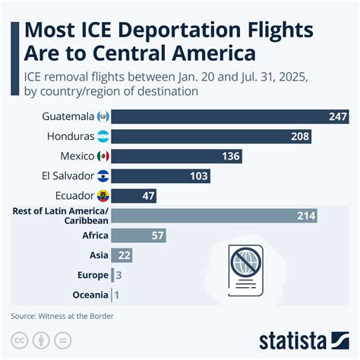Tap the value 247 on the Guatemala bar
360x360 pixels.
pos(337,116)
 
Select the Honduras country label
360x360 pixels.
pos(71,136)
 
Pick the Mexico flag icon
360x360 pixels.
pos(104,156)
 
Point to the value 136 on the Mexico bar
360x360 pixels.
pos(230,156)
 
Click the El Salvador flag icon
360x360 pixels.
pos(104,175)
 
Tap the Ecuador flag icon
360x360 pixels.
pos(104,195)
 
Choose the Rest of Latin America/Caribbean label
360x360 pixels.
pos(61,216)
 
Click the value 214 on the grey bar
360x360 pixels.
pos(305,216)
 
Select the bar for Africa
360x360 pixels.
pos(138,235)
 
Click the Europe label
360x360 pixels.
pos(93,275)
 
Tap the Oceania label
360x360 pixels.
pos(90,295)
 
